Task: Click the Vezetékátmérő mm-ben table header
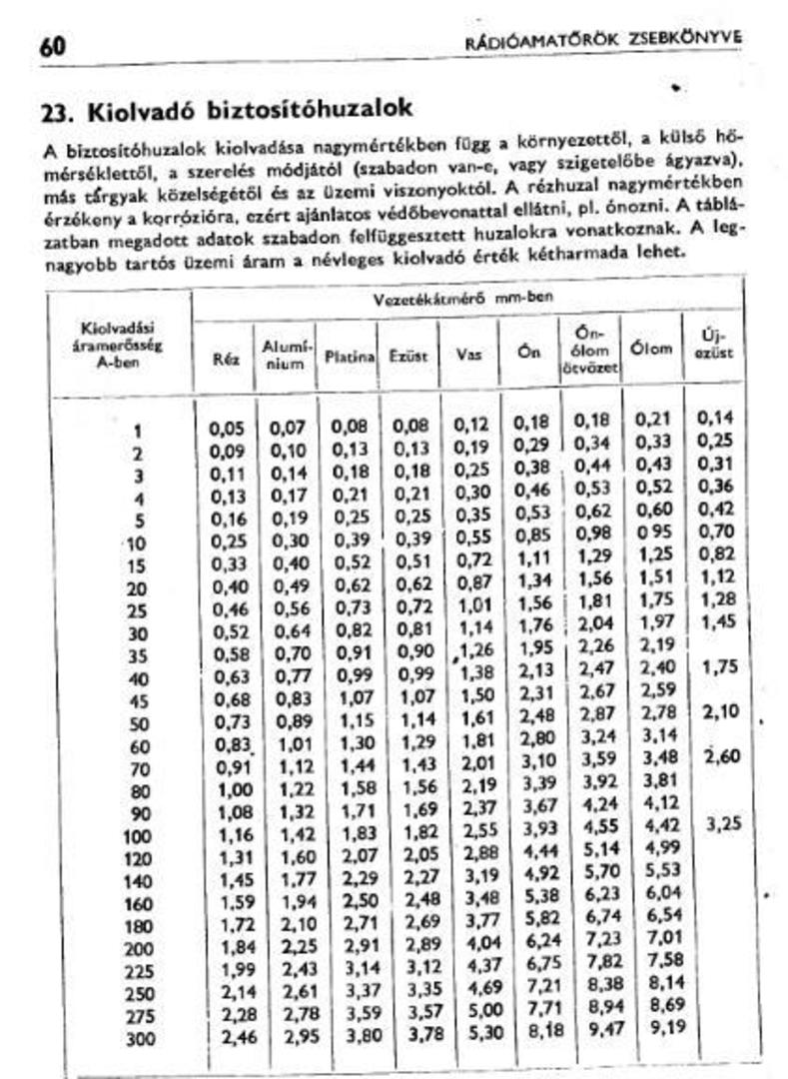pos(462,298)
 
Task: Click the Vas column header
pos(468,355)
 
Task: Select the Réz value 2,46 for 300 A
pos(227,1037)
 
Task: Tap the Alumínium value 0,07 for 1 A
pos(287,429)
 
